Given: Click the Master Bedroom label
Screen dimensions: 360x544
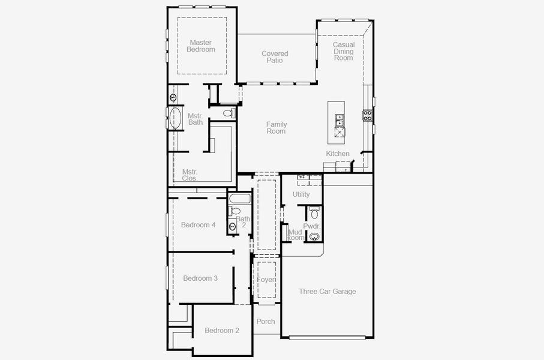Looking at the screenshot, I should (x=200, y=46).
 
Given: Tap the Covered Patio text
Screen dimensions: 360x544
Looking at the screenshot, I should (x=275, y=57).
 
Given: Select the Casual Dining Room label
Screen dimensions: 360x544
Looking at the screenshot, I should (x=344, y=51).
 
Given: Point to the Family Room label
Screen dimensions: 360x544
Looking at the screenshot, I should (x=276, y=128).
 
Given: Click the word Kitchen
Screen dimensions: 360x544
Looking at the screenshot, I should (x=338, y=154).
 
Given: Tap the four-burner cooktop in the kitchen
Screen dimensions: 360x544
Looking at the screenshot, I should (x=367, y=115).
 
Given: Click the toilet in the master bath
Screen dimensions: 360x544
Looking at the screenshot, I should (x=228, y=113).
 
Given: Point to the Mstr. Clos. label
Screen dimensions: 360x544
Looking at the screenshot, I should (x=190, y=175).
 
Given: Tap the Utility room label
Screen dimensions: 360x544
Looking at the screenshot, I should (x=301, y=194).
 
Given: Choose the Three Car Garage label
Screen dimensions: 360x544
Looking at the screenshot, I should (x=327, y=292).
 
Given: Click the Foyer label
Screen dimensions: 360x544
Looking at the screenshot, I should (x=266, y=280).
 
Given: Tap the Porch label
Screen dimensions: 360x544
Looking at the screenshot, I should (x=266, y=322).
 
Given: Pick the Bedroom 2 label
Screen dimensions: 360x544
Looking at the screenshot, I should (x=222, y=331).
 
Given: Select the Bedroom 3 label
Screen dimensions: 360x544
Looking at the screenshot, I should (x=200, y=278).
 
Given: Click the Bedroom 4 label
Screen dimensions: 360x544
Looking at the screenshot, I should (x=198, y=225).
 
